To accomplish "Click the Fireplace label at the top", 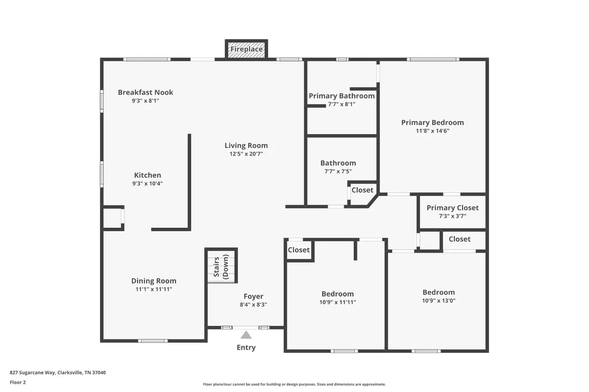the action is (x=246, y=49).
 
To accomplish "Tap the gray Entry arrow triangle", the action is (x=246, y=335).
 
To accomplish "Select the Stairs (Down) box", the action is (x=221, y=266).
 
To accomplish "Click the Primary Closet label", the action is (x=453, y=207).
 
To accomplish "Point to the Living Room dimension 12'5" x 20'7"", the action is (x=246, y=154).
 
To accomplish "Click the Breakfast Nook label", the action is (x=146, y=93).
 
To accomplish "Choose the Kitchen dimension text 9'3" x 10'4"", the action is (x=147, y=183).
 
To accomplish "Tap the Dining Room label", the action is (x=154, y=281).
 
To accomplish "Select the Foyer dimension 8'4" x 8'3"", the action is (x=253, y=305).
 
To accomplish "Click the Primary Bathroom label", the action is (x=342, y=96).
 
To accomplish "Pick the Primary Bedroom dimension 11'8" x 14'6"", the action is (x=433, y=131).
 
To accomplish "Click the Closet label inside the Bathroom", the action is (x=362, y=190).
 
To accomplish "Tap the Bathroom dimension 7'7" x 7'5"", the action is (x=338, y=172).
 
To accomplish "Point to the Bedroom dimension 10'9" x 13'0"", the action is (x=439, y=301).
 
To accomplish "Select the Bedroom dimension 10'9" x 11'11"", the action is (x=338, y=302).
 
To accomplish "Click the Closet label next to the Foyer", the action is (x=299, y=250).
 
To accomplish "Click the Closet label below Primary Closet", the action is (x=460, y=239).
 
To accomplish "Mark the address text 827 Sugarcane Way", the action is (x=32, y=373).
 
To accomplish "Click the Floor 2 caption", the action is (x=18, y=383).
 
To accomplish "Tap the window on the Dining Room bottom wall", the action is (x=153, y=341).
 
